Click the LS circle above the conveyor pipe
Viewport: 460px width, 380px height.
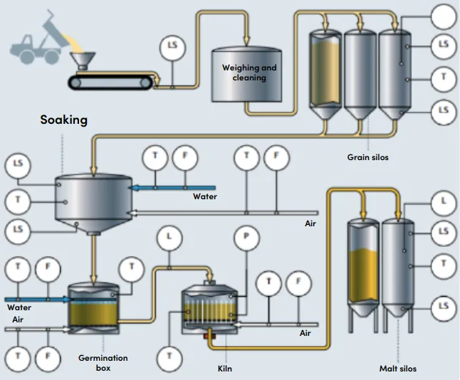(172, 46)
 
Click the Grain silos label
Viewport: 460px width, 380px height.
(367, 157)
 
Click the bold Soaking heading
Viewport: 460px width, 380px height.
(63, 120)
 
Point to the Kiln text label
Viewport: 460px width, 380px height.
(224, 369)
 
